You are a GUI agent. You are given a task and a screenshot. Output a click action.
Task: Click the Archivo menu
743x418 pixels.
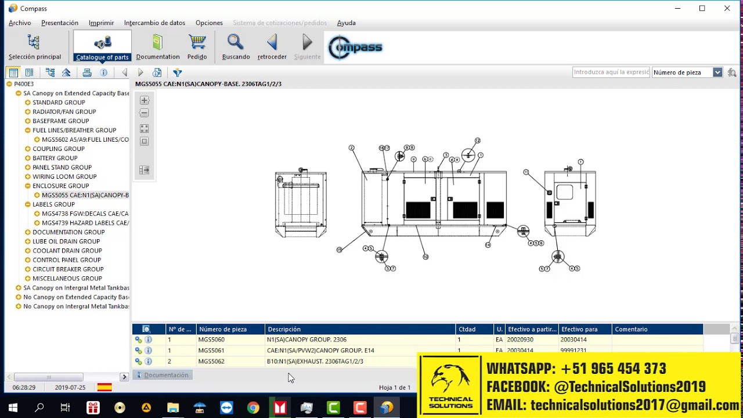pyautogui.click(x=20, y=23)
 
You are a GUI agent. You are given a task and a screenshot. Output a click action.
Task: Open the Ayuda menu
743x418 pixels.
pyautogui.click(x=346, y=23)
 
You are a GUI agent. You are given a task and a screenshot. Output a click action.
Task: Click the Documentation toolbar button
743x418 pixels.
pyautogui.click(x=158, y=47)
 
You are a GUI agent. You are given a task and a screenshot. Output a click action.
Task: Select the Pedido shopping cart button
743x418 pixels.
pyautogui.click(x=197, y=47)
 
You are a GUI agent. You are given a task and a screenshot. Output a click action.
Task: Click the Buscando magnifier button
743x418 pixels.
pyautogui.click(x=236, y=47)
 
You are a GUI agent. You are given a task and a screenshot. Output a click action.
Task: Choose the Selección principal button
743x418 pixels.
pyautogui.click(x=34, y=47)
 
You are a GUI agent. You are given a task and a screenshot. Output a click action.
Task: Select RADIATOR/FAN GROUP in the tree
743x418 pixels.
pyautogui.click(x=64, y=111)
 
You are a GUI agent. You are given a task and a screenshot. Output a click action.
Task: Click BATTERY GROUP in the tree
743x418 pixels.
pyautogui.click(x=55, y=158)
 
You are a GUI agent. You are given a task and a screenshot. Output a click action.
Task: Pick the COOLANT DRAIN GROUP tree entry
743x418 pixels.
pyautogui.click(x=67, y=251)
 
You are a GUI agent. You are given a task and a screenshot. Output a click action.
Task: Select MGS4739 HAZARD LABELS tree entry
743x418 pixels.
pyautogui.click(x=85, y=223)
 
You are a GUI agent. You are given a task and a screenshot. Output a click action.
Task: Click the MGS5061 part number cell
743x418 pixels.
pyautogui.click(x=211, y=351)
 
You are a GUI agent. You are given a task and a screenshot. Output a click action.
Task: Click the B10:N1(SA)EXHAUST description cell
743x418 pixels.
pyautogui.click(x=315, y=361)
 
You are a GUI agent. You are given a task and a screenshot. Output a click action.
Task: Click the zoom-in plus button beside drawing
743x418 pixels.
pyautogui.click(x=145, y=100)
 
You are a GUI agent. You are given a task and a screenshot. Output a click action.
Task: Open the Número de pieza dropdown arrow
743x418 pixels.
pyautogui.click(x=717, y=73)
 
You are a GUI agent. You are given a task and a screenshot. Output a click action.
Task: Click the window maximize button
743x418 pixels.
pyautogui.click(x=702, y=8)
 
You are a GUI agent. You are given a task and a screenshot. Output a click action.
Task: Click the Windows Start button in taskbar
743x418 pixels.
pyautogui.click(x=13, y=408)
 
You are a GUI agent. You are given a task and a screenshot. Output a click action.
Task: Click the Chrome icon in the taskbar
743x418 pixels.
pyautogui.click(x=253, y=408)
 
